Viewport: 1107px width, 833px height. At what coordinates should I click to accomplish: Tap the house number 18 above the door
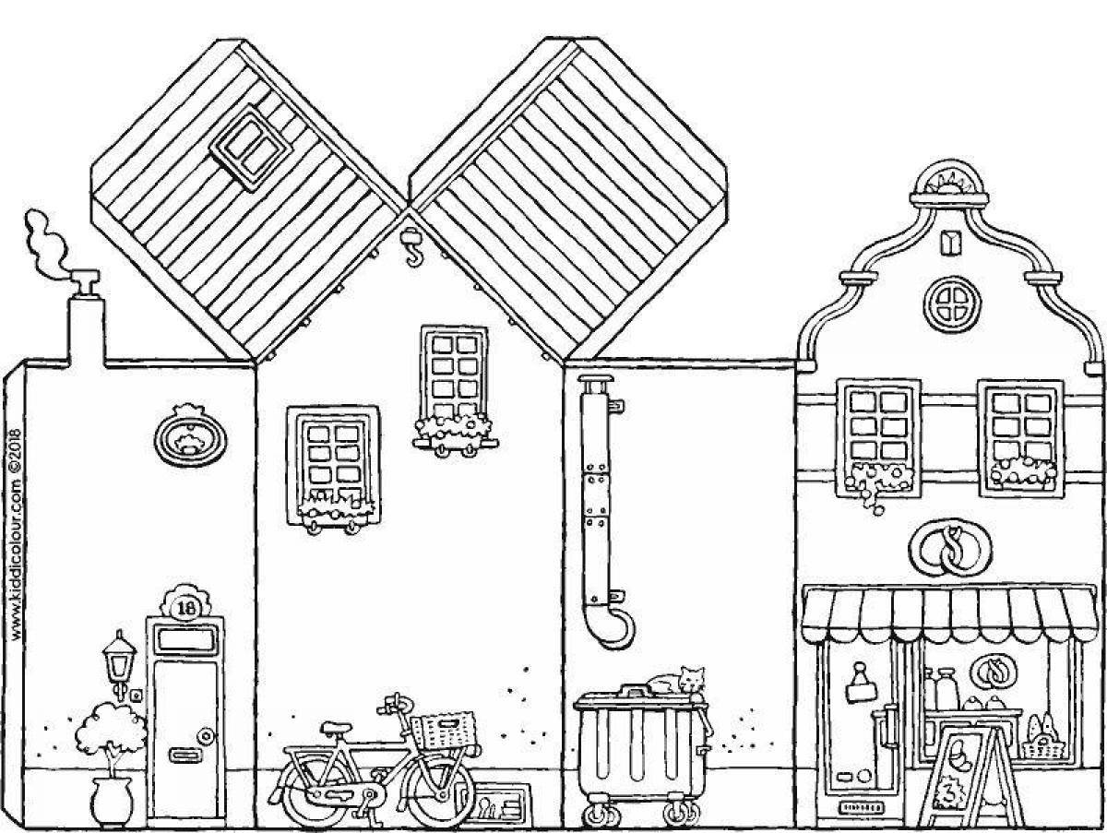point(185,607)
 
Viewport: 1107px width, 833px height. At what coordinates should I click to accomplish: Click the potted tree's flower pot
point(112,799)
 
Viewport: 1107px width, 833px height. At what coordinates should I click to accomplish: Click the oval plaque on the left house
point(191,442)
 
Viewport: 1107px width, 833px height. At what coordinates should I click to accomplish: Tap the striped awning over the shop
point(948,613)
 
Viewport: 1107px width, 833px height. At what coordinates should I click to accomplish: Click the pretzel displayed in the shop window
point(993,670)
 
